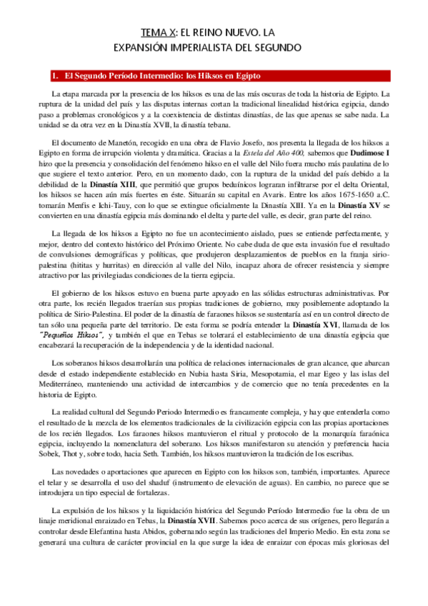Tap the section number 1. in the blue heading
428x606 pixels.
click(x=54, y=75)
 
